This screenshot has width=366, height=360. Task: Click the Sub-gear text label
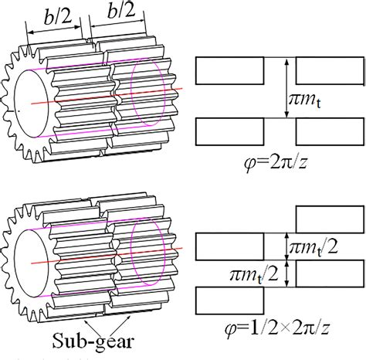(84, 339)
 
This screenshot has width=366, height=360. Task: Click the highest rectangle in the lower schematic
(330, 219)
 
